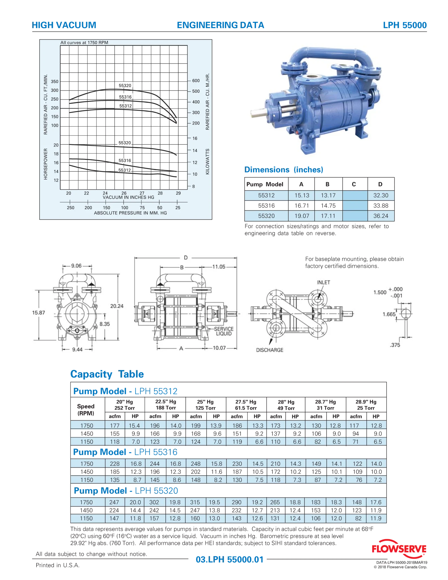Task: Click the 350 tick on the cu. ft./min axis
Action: [55, 82]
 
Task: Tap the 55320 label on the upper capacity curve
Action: [125, 86]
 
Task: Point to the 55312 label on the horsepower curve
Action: [125, 170]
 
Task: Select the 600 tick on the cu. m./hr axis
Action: [196, 81]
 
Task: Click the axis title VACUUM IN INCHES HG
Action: [128, 197]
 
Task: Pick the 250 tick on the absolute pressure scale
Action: [70, 208]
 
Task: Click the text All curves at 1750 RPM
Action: [84, 42]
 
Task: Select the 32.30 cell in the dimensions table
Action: [381, 195]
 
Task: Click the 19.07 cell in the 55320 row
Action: [302, 216]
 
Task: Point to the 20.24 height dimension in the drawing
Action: [117, 306]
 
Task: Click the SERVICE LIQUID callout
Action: [224, 331]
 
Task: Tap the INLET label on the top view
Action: [323, 282]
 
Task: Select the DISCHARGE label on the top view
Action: [269, 350]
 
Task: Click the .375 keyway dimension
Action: [395, 345]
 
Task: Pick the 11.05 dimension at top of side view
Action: [219, 266]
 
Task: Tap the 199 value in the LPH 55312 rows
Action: [196, 425]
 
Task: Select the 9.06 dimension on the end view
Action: [76, 266]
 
